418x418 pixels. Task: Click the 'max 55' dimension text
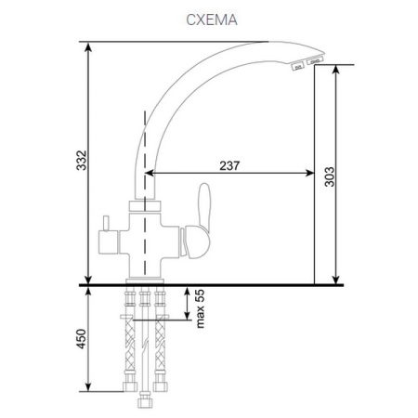point(198,307)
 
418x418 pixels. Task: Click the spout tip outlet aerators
point(307,63)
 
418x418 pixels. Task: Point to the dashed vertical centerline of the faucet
point(145,139)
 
